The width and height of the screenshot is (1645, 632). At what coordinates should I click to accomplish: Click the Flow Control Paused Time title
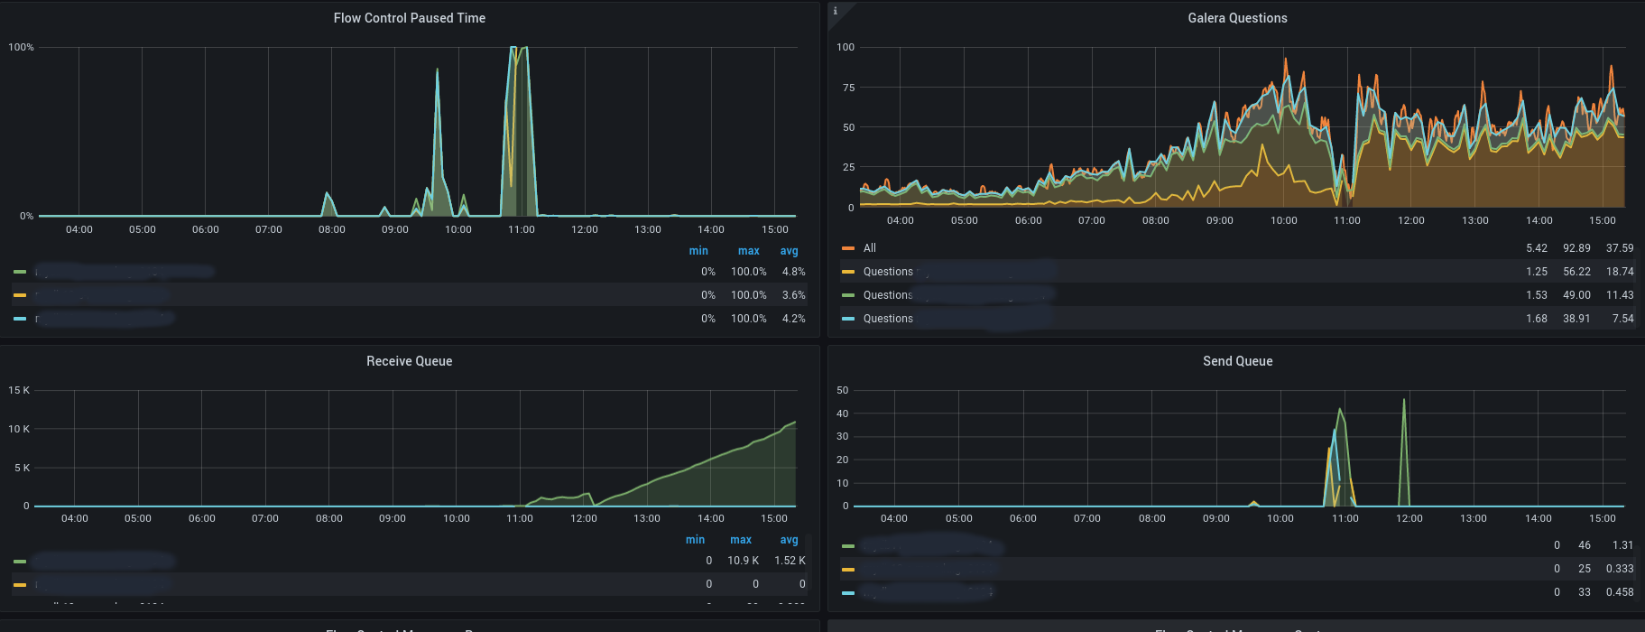[409, 18]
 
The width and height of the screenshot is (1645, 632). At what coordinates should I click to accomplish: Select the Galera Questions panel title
[1237, 18]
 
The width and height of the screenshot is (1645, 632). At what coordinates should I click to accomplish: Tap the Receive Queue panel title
[409, 361]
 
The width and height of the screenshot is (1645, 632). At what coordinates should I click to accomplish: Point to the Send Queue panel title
[1237, 361]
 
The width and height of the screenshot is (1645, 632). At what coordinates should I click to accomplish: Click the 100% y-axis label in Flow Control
[21, 47]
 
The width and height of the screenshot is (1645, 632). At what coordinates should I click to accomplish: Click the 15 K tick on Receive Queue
[19, 390]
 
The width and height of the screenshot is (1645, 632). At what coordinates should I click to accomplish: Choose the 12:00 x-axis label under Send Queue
[1409, 518]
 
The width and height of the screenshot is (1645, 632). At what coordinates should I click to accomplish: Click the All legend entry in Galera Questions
[869, 248]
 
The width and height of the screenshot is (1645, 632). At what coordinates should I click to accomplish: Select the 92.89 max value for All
[1576, 248]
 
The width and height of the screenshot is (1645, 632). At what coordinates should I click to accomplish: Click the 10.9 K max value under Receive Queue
[743, 561]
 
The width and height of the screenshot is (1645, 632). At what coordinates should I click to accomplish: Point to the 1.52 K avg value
[790, 561]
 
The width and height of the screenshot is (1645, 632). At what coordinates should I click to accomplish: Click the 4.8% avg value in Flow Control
[793, 272]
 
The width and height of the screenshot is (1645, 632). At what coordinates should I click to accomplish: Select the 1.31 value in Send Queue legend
[1622, 545]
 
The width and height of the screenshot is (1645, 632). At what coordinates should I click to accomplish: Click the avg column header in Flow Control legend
[789, 251]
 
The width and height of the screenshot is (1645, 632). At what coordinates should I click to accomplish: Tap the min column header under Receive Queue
[695, 540]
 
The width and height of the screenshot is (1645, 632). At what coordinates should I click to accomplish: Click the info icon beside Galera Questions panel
[836, 11]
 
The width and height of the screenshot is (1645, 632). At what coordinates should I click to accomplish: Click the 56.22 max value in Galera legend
[1576, 272]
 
